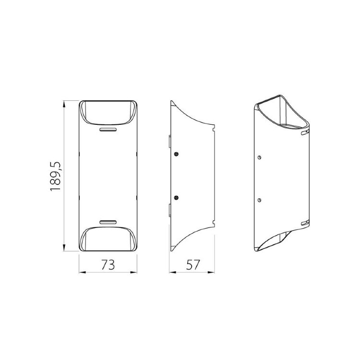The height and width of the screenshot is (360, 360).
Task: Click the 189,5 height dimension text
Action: coord(55,176)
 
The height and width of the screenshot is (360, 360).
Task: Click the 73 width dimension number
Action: coord(108,264)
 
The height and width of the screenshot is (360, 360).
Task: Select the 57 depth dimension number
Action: coord(193,264)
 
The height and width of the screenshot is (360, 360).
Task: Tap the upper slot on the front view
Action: coord(108,130)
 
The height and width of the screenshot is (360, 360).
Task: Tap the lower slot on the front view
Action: coord(108,222)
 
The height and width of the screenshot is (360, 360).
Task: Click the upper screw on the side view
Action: coord(176,154)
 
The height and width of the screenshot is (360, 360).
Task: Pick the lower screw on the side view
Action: coord(176,197)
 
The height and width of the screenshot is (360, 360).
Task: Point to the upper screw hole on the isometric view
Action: coord(259,157)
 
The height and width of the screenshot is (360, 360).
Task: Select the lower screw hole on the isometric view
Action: coord(259,200)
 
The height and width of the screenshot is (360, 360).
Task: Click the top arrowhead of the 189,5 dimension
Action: coord(64,104)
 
